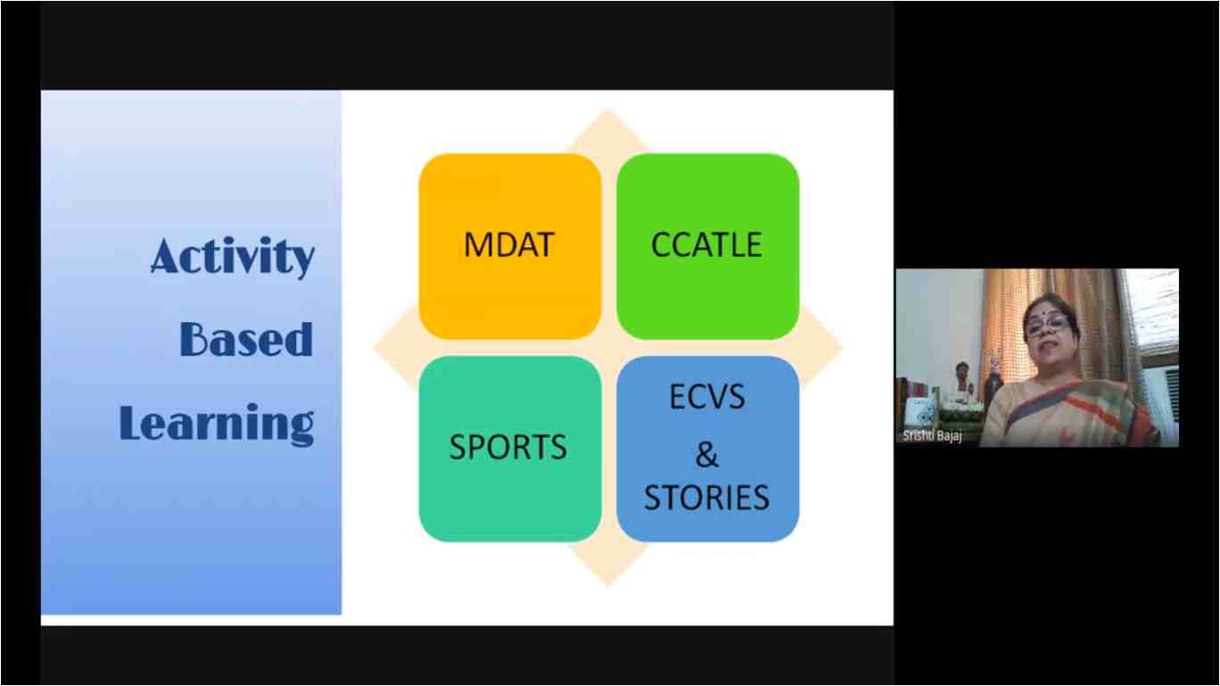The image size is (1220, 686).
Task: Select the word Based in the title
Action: coord(246,339)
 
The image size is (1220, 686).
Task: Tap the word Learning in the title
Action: coord(217,424)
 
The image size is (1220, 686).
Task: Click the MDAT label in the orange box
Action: coord(508,244)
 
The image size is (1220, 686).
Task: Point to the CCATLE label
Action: coord(706,244)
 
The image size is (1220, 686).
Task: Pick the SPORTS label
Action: coord(508,447)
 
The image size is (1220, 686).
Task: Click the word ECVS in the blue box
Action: coord(707,396)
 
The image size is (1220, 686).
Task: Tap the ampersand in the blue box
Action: coord(707,454)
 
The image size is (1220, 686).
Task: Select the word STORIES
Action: coord(707,497)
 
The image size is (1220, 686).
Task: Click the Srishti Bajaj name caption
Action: coord(932,436)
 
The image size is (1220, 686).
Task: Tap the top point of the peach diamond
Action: coord(608,111)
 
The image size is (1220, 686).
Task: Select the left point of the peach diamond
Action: coord(375,346)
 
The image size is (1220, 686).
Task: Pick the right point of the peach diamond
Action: coord(842,346)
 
